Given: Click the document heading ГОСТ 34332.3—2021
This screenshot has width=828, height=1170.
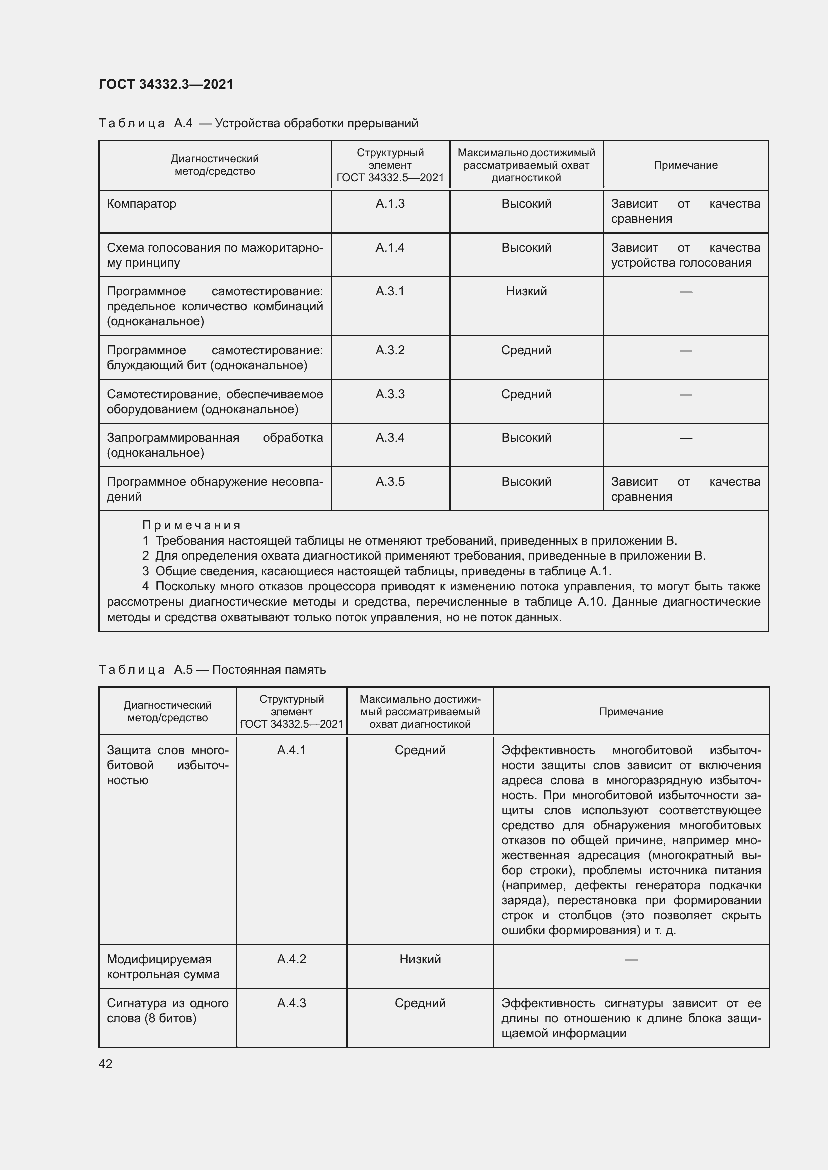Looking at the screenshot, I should (x=166, y=84).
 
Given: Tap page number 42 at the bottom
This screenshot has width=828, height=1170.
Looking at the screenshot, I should (x=106, y=1064).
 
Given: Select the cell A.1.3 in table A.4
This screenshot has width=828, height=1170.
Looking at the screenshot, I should (x=390, y=204).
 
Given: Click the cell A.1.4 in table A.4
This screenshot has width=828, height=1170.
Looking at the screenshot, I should (x=390, y=248).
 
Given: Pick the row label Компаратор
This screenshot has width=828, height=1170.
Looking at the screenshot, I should (x=141, y=204).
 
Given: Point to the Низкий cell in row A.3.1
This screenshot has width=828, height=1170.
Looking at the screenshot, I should (x=526, y=291).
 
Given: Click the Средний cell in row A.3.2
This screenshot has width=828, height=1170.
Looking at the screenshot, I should (x=526, y=350).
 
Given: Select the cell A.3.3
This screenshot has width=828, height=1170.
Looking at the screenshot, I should (x=390, y=394).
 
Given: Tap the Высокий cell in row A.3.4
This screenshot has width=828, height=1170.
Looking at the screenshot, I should (x=526, y=438).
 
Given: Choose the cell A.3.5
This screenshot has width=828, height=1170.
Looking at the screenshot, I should (x=390, y=482).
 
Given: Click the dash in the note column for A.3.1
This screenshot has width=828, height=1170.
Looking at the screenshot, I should (x=686, y=292).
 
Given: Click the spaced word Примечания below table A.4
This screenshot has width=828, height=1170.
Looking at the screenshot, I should (x=191, y=525).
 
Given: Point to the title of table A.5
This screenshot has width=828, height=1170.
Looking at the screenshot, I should (x=212, y=670).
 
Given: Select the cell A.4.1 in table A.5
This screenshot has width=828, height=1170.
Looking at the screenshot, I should (x=292, y=750).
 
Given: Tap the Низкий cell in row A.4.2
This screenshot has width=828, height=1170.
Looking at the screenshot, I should (x=420, y=959).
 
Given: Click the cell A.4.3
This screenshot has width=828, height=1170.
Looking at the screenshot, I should (x=292, y=1003).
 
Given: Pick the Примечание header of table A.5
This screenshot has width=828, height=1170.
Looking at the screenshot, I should (x=631, y=712).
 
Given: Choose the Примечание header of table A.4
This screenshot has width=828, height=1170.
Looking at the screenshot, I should (x=685, y=165).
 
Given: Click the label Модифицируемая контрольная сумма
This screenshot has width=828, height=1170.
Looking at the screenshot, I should (x=163, y=967).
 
